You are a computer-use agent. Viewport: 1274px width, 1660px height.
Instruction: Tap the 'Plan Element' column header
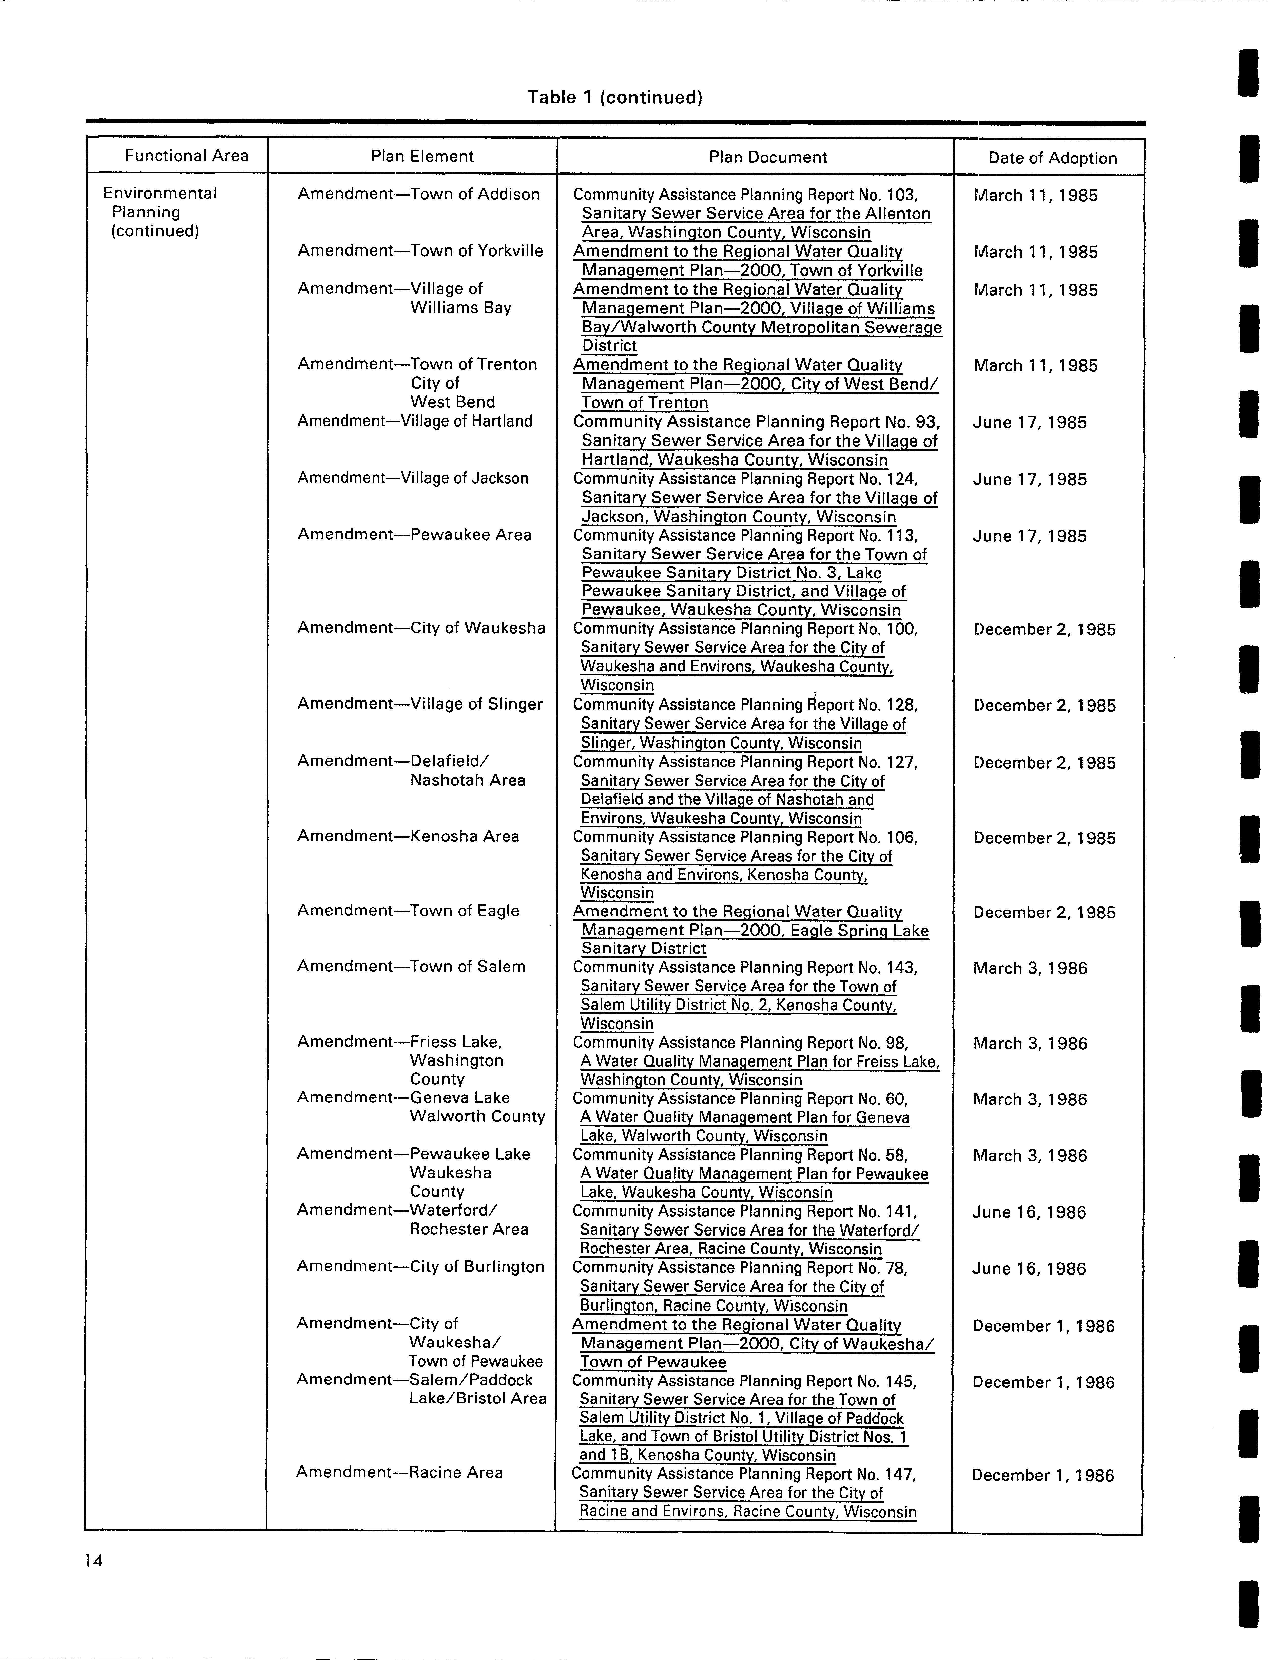tap(422, 156)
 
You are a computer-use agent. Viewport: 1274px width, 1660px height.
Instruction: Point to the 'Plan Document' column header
tap(767, 157)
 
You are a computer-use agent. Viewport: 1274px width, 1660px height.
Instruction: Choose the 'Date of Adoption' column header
tap(1053, 158)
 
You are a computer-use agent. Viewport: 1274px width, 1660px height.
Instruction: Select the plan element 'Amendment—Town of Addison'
tap(419, 194)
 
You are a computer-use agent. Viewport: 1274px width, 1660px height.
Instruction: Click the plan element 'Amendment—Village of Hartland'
tap(415, 421)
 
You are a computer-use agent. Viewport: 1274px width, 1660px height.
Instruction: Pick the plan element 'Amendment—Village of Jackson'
tap(413, 478)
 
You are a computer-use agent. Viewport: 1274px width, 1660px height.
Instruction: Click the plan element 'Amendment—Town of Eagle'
tap(408, 911)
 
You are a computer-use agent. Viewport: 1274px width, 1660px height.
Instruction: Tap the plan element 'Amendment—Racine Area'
tap(400, 1472)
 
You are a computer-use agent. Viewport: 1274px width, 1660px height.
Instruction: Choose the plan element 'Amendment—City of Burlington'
tap(420, 1266)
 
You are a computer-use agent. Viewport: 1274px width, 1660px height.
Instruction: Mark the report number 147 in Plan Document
tap(899, 1474)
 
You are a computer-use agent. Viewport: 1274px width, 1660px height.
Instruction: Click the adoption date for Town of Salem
tap(1030, 968)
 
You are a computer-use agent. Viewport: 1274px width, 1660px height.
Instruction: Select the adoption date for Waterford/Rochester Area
tap(1029, 1212)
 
